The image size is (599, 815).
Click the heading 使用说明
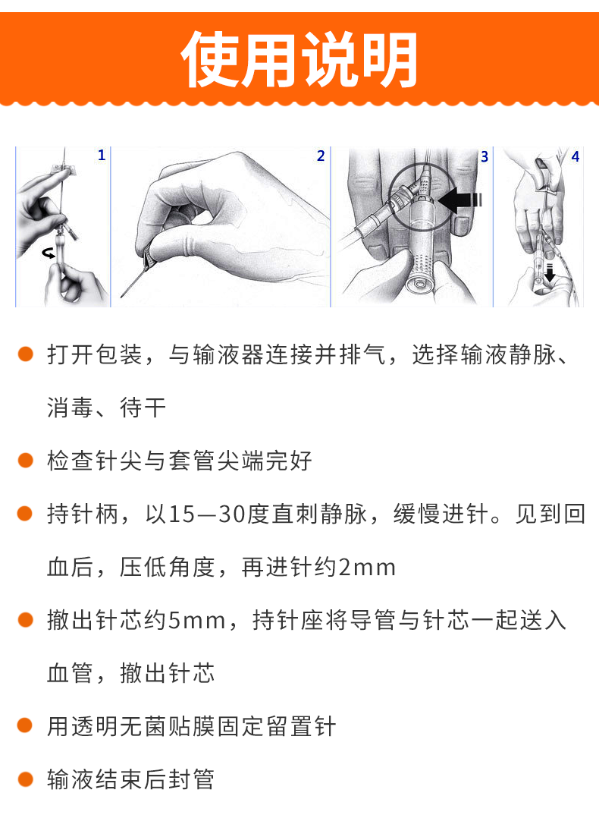[x=299, y=60]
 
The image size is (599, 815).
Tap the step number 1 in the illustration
[x=102, y=156]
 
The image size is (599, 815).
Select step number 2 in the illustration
[x=321, y=156]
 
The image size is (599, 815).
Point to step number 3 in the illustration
[x=485, y=157]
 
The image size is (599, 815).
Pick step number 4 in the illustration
[x=575, y=157]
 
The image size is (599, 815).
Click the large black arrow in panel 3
[x=459, y=200]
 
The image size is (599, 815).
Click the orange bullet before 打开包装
[x=26, y=354]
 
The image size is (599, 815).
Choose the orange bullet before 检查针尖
[x=26, y=461]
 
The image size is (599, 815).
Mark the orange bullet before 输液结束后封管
[x=26, y=779]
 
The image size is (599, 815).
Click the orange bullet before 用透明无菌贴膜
[x=26, y=726]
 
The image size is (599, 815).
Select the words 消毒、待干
[x=106, y=408]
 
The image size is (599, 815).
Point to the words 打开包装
[x=94, y=355]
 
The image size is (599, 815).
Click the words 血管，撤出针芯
[x=130, y=674]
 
